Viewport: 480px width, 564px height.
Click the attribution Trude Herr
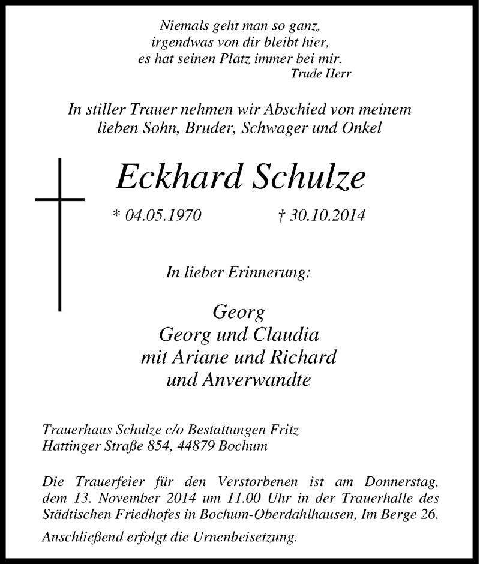(320, 74)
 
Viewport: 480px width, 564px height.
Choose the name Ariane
(199, 358)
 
